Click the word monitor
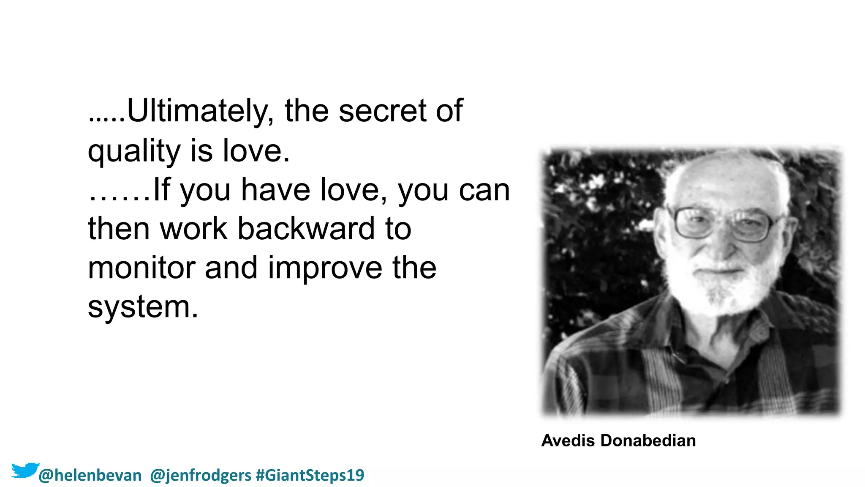click(142, 268)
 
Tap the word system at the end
click(142, 307)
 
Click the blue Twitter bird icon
click(24, 471)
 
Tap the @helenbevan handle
click(90, 476)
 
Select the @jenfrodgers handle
click(201, 476)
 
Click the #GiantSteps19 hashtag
click(310, 475)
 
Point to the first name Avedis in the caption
click(569, 440)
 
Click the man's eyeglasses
click(724, 223)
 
